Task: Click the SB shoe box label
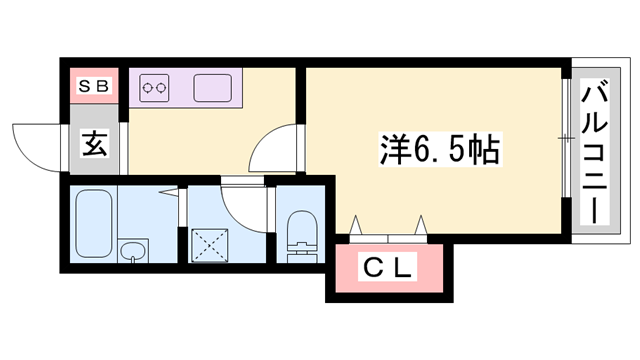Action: click(x=95, y=86)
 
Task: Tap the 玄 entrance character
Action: click(x=95, y=146)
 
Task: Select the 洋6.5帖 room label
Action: click(x=440, y=149)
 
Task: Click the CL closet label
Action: click(x=389, y=267)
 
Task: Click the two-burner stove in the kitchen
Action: click(x=156, y=87)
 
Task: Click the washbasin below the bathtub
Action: click(x=131, y=251)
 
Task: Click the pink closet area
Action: click(x=389, y=268)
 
